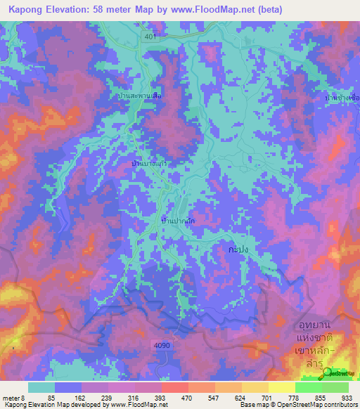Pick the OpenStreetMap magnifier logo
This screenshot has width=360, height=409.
(330, 373)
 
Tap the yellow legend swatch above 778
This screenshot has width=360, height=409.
(281, 387)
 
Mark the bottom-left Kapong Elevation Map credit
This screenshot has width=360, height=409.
(84, 405)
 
